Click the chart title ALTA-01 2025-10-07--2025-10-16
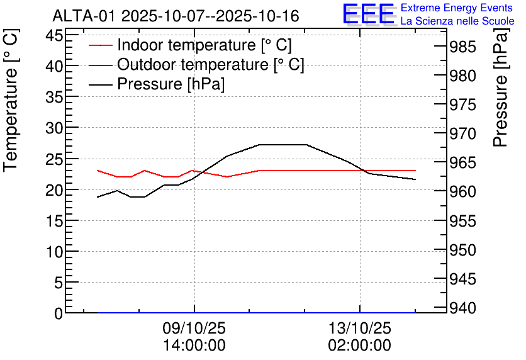pos(176,16)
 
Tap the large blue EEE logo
pos(369,14)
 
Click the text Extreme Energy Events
pos(457,8)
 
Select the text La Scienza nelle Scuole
pos(457,21)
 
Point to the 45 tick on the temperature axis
pos(55,35)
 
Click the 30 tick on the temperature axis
pos(55,128)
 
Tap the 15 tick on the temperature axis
pos(55,221)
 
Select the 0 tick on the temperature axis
pos(59,313)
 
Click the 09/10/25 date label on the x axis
pos(194,329)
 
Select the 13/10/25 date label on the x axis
pos(359,329)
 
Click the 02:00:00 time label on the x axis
pos(359,346)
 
